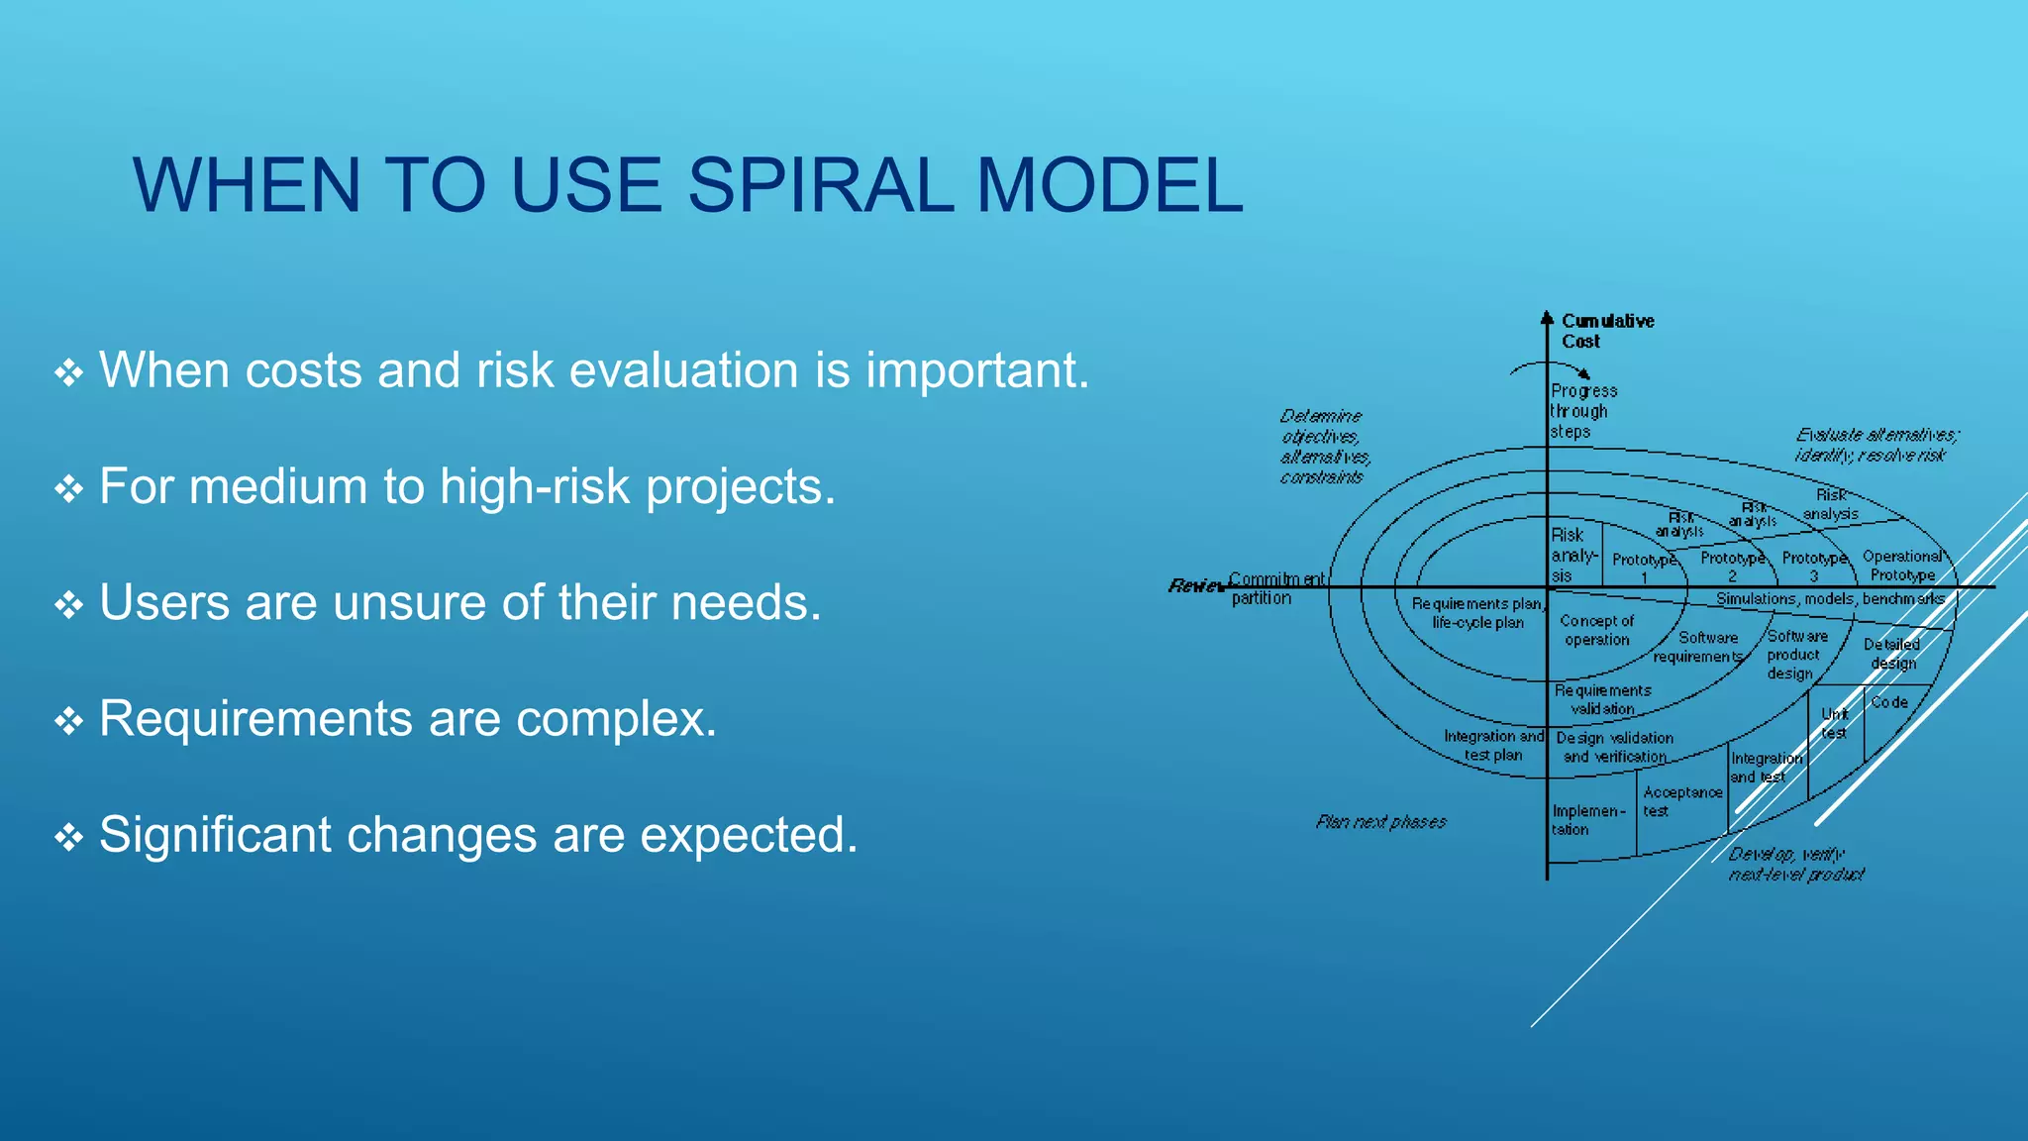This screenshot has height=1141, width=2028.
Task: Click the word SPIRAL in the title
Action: pyautogui.click(x=819, y=185)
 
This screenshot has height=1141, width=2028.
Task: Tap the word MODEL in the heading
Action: pyautogui.click(x=1109, y=185)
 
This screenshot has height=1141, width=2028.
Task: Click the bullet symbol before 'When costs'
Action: pyautogui.click(x=68, y=372)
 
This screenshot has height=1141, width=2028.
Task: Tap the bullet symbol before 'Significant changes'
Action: pyautogui.click(x=68, y=837)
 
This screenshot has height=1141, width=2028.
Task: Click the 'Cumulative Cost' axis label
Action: pyautogui.click(x=1606, y=331)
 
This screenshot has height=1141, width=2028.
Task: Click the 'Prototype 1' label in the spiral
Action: pyautogui.click(x=1644, y=568)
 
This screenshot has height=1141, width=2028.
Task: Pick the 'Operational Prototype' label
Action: pyautogui.click(x=1902, y=566)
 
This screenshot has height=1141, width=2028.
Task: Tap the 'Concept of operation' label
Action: pyautogui.click(x=1596, y=630)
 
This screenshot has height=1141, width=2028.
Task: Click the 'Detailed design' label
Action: pyautogui.click(x=1891, y=654)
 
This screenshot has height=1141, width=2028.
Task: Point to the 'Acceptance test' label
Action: pyautogui.click(x=1681, y=801)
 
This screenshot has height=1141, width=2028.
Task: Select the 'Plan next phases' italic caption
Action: pyautogui.click(x=1380, y=822)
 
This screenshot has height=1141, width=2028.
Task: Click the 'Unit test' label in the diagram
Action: pyautogui.click(x=1834, y=723)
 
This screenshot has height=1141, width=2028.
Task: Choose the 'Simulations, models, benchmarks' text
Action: pyautogui.click(x=1830, y=599)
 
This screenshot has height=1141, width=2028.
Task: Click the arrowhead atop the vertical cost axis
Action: pyautogui.click(x=1547, y=318)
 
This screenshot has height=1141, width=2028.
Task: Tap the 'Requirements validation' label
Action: pyautogui.click(x=1602, y=699)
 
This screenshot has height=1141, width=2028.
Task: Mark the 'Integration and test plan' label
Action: pyautogui.click(x=1493, y=745)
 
